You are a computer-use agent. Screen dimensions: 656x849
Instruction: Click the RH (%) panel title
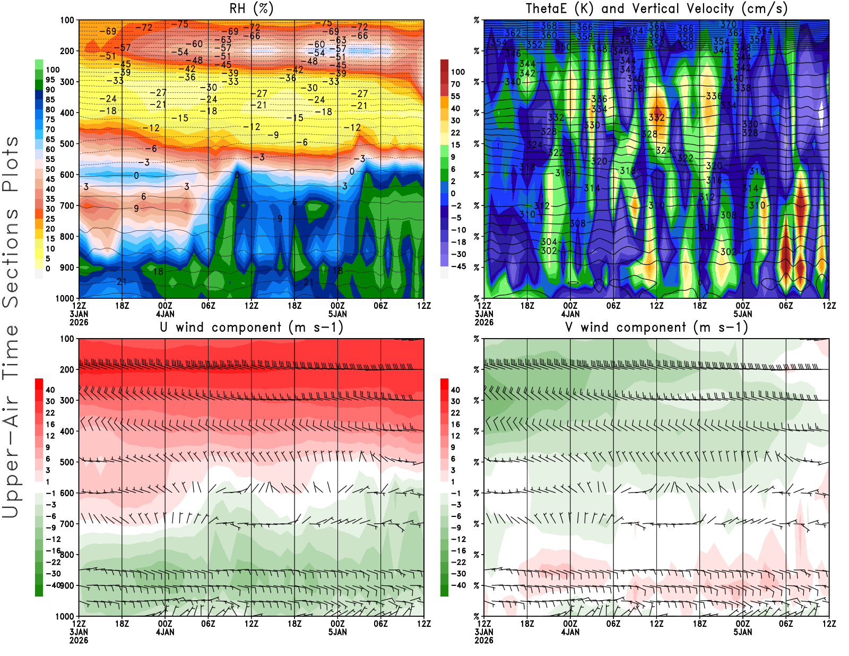pos(251,8)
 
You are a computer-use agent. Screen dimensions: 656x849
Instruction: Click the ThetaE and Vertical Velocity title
pos(656,8)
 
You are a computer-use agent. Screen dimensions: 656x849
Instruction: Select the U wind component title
pos(252,327)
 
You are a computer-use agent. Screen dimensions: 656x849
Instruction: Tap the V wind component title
pos(656,327)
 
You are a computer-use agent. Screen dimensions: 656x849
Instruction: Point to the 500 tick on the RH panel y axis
pos(67,144)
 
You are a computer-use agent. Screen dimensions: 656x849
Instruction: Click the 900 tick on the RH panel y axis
pos(67,267)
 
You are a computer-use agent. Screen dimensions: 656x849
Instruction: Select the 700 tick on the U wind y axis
pos(67,524)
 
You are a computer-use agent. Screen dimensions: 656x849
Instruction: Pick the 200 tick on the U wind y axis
pos(67,369)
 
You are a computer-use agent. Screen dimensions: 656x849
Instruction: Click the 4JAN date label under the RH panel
pos(165,314)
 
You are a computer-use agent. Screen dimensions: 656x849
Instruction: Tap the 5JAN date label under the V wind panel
pos(742,632)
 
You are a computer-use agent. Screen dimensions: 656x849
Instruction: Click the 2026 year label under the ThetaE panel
pos(484,322)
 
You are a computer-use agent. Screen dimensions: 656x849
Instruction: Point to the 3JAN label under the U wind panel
pos(79,632)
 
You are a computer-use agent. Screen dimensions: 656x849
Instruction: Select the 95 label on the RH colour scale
pos(50,80)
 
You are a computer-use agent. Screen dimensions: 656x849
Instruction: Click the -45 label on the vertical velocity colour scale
pos(458,266)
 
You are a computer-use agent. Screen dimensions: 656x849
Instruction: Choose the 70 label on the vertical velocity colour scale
pos(455,84)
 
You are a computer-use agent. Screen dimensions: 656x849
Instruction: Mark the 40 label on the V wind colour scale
pos(455,390)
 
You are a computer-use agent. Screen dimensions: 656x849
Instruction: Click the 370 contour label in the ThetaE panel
pos(728,24)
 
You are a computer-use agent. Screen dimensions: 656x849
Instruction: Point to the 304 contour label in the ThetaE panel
pos(549,242)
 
